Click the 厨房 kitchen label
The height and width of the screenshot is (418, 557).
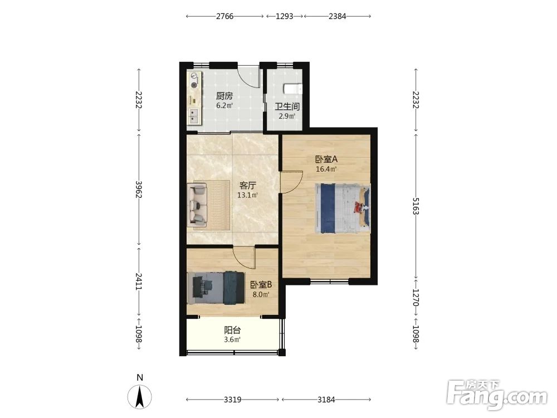point(224,96)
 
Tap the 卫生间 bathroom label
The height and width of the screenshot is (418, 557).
point(287,106)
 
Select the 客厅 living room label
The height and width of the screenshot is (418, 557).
point(248,186)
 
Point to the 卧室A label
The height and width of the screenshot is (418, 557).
point(326,159)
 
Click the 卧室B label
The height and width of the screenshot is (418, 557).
point(261,285)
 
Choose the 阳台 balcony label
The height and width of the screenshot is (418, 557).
point(232,330)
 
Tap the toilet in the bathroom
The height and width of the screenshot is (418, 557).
point(293,89)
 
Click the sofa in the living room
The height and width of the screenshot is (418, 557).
point(197,205)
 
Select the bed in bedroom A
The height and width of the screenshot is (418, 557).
point(343,208)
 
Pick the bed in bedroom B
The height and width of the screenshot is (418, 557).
point(216,288)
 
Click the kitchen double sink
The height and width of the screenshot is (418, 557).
point(194,116)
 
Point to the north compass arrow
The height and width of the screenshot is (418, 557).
point(140,396)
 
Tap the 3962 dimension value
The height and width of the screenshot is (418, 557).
point(139,189)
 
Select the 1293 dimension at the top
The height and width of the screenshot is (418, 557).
point(285,16)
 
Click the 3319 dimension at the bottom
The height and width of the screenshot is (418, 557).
point(233,400)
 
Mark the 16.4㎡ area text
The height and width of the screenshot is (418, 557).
point(326,169)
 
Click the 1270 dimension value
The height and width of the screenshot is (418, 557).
point(416,298)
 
